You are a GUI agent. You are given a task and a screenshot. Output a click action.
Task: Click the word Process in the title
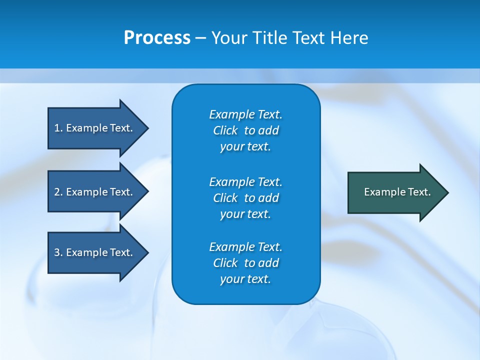tap(157, 38)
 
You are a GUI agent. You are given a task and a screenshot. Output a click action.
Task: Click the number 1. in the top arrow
tap(58, 128)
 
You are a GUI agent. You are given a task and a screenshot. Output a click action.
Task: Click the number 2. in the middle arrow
tap(58, 192)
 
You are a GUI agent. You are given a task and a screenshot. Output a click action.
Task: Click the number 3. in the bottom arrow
tap(58, 252)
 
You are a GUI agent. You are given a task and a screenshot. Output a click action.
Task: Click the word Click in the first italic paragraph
tap(225, 130)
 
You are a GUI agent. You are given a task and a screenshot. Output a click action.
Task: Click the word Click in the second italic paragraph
tap(225, 198)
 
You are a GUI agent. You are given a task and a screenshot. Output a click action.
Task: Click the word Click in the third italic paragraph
tap(225, 263)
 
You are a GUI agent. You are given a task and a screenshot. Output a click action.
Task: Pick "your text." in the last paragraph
tap(245, 279)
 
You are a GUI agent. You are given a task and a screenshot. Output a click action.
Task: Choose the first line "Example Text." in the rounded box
tap(245, 114)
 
